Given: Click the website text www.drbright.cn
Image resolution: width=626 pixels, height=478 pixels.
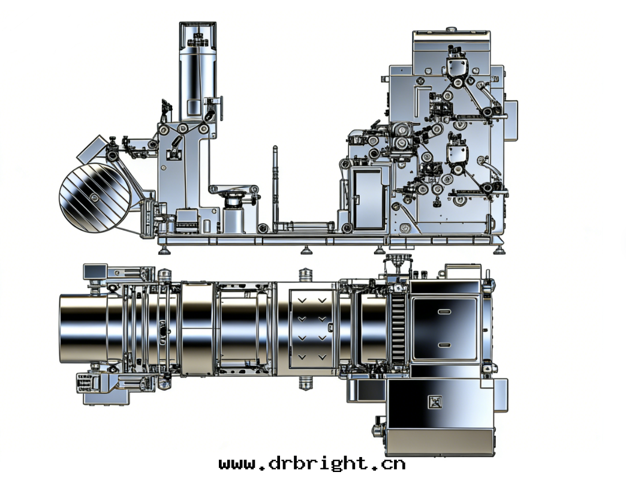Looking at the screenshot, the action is (x=312, y=464).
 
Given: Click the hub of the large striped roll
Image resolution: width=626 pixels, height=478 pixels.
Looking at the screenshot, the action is (x=94, y=198).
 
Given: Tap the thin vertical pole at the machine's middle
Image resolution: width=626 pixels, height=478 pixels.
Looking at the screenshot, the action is (x=275, y=188).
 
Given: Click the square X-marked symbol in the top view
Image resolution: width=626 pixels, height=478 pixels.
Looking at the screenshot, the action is (x=435, y=402).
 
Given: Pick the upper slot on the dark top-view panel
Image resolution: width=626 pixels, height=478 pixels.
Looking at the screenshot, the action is (x=444, y=312).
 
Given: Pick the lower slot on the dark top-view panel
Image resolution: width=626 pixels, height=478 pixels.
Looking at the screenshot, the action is (x=444, y=345).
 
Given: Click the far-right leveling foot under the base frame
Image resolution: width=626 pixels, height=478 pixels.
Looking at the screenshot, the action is (x=499, y=250).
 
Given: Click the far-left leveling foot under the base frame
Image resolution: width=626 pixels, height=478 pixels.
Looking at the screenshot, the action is (x=164, y=250).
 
